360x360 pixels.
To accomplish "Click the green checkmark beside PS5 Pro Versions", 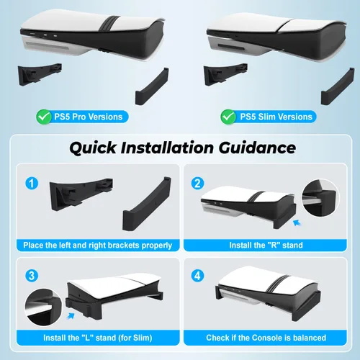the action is (x=44, y=117).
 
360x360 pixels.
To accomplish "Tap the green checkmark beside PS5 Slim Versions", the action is (x=228, y=117).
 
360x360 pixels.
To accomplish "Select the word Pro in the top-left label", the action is (x=78, y=117).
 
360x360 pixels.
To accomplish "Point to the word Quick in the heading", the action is (x=93, y=148).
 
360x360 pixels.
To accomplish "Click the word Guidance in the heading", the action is (x=257, y=148).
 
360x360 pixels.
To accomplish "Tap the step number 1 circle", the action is (x=32, y=184).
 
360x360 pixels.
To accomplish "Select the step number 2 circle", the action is (x=197, y=184).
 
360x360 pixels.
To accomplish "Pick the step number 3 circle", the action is (x=32, y=276).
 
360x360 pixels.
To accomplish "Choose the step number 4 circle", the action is (x=197, y=276).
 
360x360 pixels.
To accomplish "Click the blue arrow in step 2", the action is (x=297, y=223).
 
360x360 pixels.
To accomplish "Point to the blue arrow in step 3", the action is (x=71, y=316).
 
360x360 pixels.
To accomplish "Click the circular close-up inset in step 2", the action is (x=320, y=198).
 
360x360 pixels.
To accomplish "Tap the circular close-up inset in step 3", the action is (x=43, y=307).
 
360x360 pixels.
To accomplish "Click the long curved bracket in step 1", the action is (x=147, y=204).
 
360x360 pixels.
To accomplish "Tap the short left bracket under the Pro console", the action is (x=40, y=74).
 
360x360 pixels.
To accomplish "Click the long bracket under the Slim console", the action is (x=338, y=86).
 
